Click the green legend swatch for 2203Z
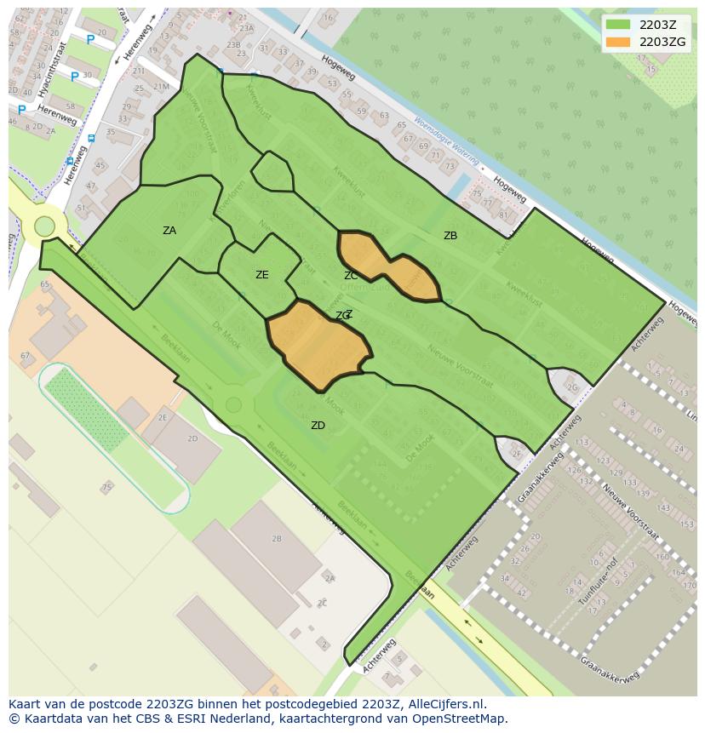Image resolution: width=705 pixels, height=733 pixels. coord(618,25)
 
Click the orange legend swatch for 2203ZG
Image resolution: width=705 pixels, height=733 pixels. coord(618,42)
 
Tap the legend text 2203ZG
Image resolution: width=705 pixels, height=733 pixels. coord(662,42)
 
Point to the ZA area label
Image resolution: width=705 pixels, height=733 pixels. coord(169,231)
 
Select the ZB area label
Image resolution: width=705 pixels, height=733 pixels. coord(450,236)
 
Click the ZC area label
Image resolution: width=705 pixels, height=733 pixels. coord(351,276)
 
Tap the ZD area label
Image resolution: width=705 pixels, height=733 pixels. coord(318,426)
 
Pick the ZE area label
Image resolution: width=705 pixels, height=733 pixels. coord(261,275)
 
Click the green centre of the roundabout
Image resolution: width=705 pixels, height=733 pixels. coord(44,227)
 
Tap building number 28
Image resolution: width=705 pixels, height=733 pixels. coord(276,539)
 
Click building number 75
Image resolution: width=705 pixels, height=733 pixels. coord(107,488)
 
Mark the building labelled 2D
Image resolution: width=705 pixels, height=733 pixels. coord(192,439)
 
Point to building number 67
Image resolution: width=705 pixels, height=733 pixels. coord(25,356)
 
